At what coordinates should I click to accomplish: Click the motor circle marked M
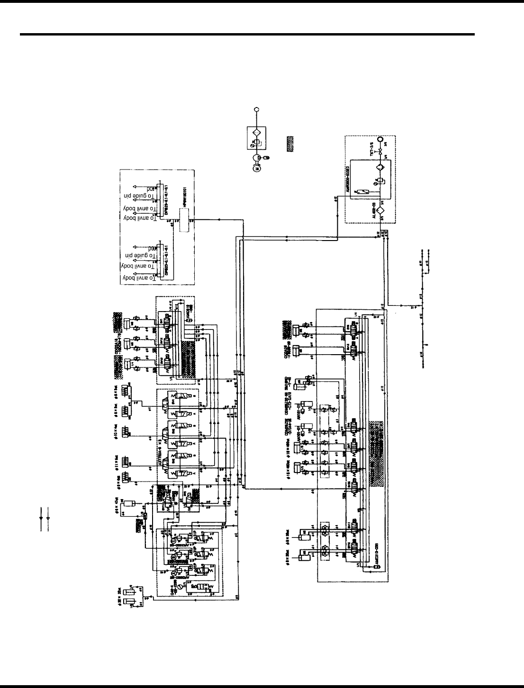pyautogui.click(x=257, y=168)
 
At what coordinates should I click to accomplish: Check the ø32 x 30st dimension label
pyautogui.click(x=120, y=592)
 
